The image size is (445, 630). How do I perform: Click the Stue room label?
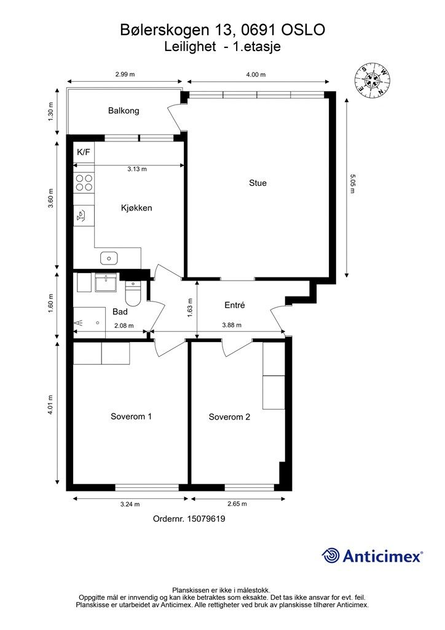(258, 183)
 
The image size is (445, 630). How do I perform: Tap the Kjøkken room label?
(136, 208)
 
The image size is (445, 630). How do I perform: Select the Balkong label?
(124, 111)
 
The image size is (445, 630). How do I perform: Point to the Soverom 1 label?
(131, 417)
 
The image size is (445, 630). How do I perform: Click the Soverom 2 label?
(229, 417)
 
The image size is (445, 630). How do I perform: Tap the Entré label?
(235, 305)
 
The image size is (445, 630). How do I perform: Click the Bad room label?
(120, 312)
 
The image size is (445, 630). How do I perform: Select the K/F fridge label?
(83, 151)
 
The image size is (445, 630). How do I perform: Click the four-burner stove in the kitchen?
(84, 182)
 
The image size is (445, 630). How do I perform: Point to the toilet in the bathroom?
(133, 294)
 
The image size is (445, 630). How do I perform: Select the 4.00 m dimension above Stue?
(255, 74)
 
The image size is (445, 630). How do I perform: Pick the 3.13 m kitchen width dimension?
(136, 169)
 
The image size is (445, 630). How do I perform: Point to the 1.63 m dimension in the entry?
(190, 306)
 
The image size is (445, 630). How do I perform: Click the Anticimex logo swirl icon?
(331, 556)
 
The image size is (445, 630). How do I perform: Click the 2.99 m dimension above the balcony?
(125, 74)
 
